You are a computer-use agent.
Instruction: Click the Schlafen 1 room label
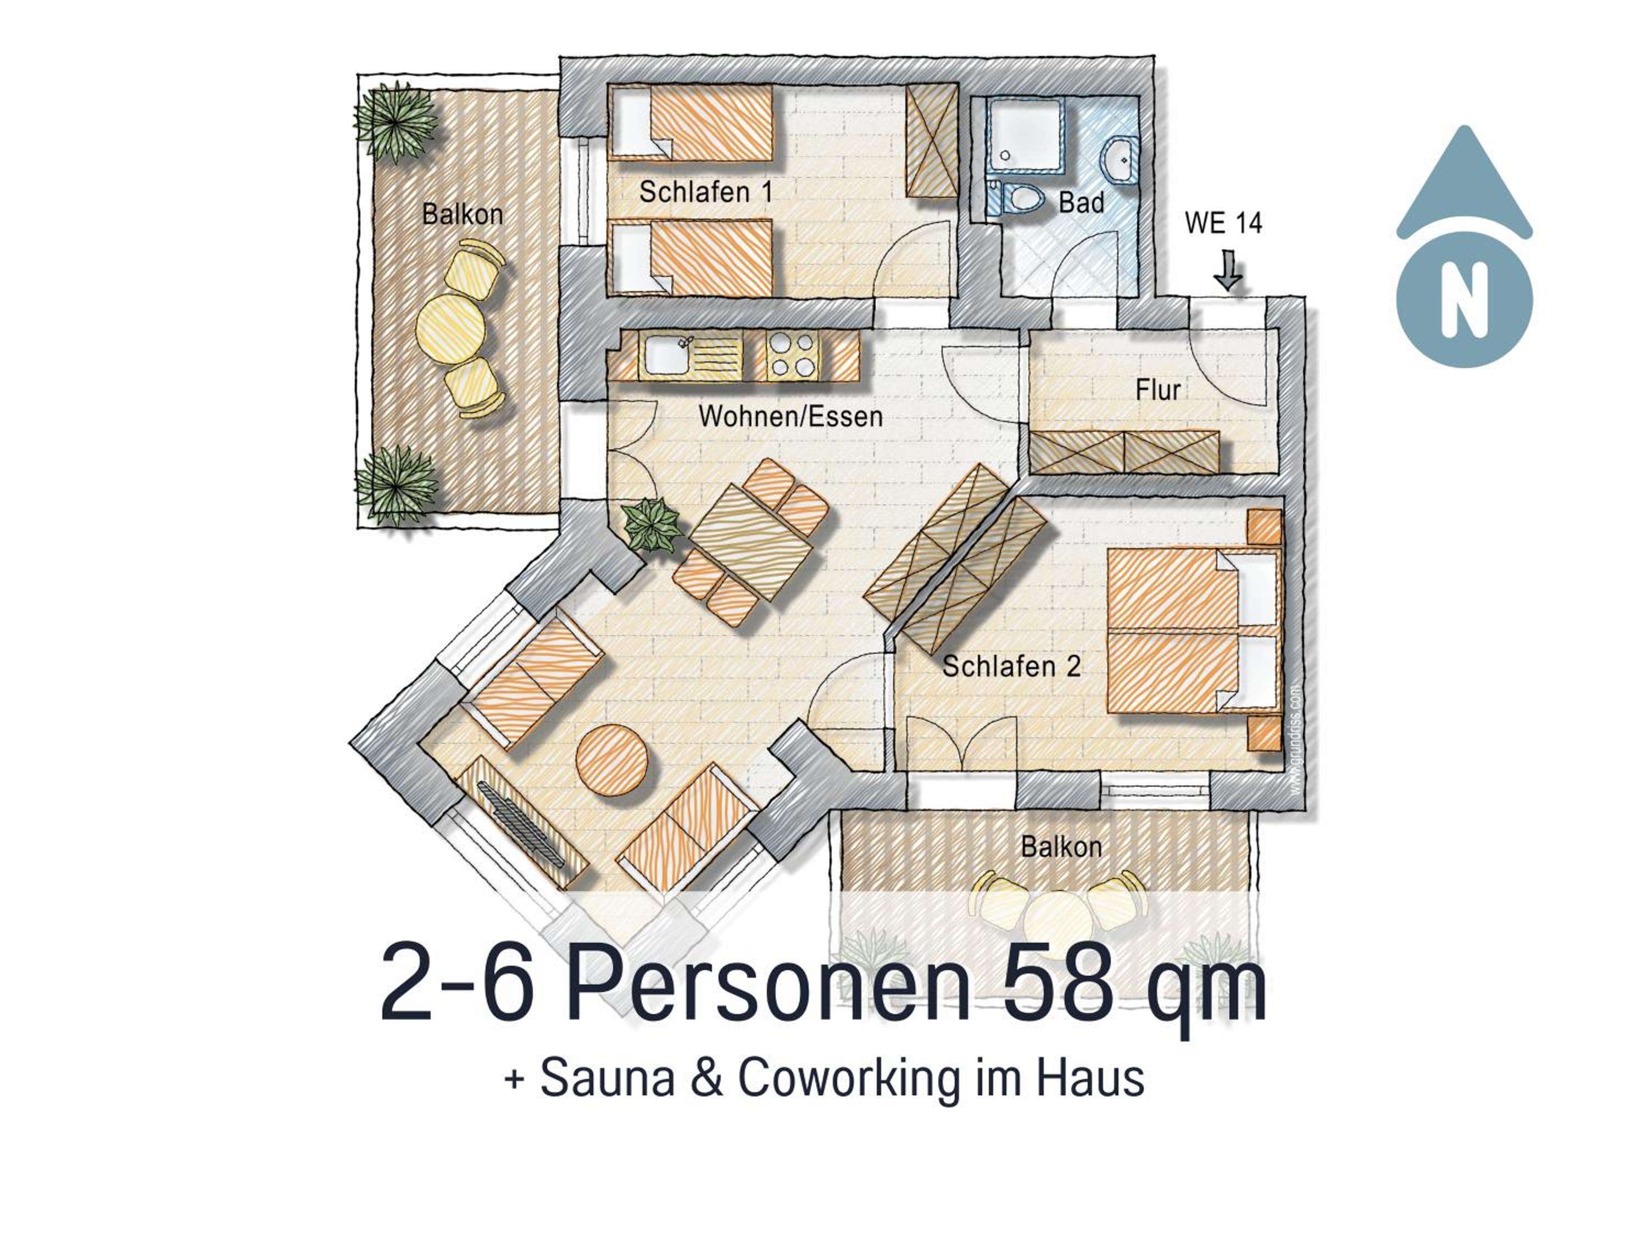tap(705, 192)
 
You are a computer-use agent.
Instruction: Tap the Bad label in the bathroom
tap(1081, 203)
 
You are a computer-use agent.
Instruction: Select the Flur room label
tap(1158, 389)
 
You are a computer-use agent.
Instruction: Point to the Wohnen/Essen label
tap(790, 416)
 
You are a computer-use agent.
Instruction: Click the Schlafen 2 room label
tap(1011, 666)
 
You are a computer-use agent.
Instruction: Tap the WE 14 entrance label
tap(1223, 223)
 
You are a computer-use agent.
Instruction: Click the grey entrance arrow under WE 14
tap(1228, 270)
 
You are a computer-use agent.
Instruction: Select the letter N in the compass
tap(1464, 301)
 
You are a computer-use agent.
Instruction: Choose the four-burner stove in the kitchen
tap(792, 355)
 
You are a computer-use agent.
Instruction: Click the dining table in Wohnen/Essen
tap(750, 542)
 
